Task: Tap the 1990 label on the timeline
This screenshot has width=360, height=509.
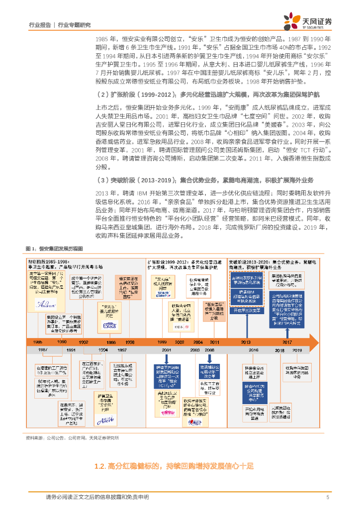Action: (61, 342)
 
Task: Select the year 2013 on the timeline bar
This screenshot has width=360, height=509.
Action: (246, 342)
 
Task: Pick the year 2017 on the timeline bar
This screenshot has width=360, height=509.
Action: (287, 342)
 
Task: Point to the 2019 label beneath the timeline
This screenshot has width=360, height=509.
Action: (297, 350)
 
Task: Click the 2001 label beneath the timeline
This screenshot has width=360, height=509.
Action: (166, 350)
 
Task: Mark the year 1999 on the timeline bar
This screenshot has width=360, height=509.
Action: (163, 342)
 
